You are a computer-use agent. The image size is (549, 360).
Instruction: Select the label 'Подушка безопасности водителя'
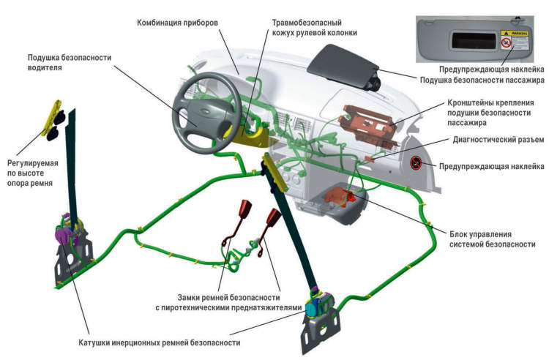click(62, 62)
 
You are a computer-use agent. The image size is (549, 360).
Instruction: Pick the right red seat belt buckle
click(274, 217)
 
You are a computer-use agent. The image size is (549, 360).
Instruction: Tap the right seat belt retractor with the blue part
click(320, 304)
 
